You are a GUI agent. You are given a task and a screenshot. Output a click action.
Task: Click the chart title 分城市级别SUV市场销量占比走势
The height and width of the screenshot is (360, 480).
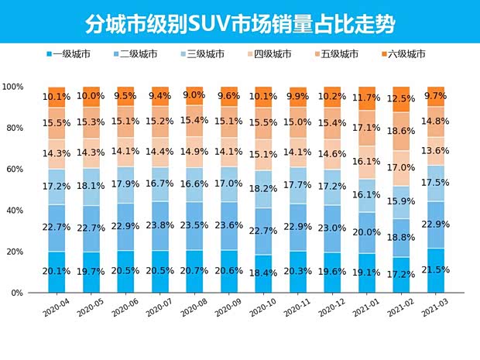point(239,22)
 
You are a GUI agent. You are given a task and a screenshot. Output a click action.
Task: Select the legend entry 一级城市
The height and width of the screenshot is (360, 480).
point(69,54)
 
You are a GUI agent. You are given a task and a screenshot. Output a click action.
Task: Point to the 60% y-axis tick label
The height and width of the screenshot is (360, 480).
point(16,169)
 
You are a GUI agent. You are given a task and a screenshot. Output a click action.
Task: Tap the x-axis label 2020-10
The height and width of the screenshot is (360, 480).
point(260,310)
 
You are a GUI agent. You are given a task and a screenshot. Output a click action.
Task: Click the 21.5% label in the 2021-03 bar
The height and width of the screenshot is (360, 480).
point(436,271)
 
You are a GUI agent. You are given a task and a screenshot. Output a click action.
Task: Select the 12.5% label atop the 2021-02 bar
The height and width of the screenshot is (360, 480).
point(401,99)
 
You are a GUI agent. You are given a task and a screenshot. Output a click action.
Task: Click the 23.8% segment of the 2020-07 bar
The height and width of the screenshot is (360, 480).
point(160,226)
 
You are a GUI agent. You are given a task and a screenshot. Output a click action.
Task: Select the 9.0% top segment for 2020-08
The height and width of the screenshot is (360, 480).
point(195,95)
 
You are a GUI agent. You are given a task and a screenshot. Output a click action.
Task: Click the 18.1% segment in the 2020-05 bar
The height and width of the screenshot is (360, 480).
point(91,186)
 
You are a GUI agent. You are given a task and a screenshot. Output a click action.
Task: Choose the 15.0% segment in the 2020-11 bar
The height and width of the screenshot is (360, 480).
point(297,122)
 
